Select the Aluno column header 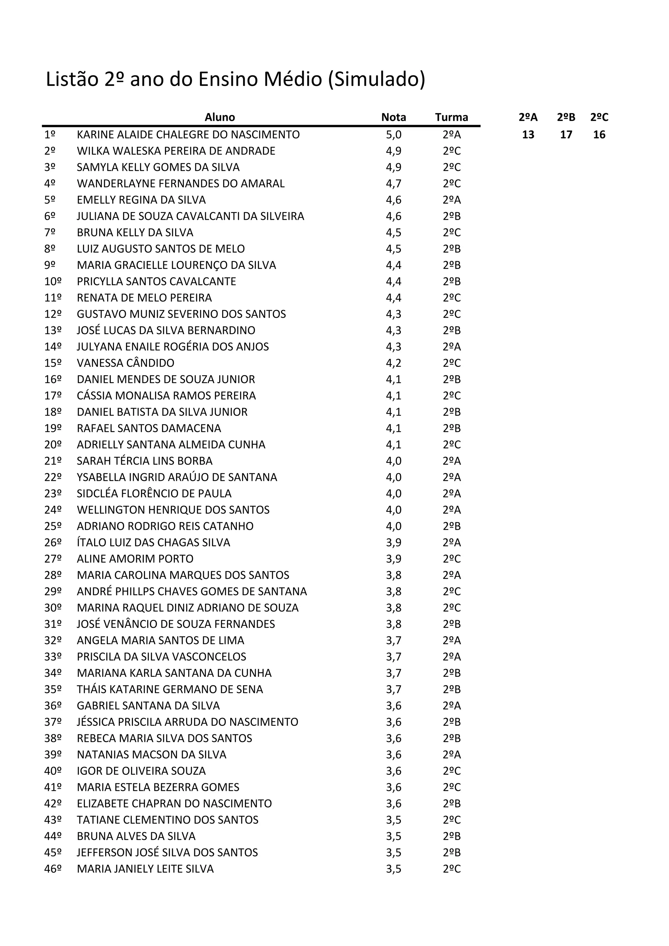tap(220, 117)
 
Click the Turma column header tap(451, 117)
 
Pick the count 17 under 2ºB tap(566, 135)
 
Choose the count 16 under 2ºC tap(599, 135)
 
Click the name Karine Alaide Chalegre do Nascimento tap(188, 135)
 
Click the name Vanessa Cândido tap(126, 363)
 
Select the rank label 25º tap(53, 526)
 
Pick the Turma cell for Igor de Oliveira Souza tap(451, 771)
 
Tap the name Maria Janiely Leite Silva tap(145, 869)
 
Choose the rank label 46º tap(53, 869)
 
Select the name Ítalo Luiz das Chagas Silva tap(153, 543)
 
